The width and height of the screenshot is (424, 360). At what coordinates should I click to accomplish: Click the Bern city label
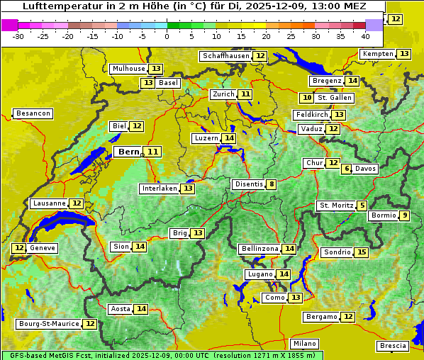128,152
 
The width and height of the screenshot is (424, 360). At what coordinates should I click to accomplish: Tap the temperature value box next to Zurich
245,94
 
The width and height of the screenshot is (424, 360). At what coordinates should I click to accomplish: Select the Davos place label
366,169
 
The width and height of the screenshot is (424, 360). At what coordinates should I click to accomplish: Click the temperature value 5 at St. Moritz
362,206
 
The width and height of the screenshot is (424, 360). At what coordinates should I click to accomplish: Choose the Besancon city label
33,113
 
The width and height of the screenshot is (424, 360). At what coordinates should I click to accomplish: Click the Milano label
306,343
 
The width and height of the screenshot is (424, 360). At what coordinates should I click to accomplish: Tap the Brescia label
393,346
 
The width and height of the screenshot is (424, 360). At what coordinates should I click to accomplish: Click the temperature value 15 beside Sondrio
362,252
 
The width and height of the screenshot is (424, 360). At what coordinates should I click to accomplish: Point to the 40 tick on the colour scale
365,35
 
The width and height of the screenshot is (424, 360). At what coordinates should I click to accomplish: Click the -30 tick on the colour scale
18,35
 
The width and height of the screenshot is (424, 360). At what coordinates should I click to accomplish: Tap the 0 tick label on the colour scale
167,35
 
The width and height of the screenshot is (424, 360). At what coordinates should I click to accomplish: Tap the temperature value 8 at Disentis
272,185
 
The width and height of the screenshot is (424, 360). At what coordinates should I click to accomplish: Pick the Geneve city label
43,248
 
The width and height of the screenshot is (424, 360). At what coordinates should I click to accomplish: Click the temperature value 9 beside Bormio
404,215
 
